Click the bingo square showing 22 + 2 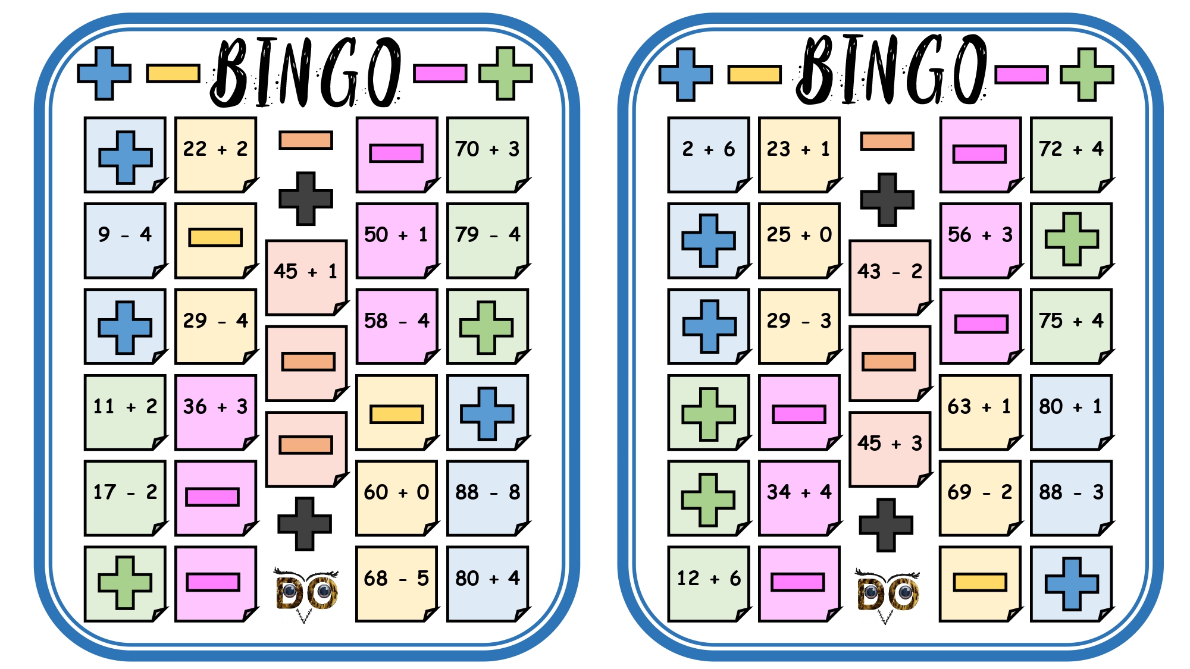click(x=215, y=155)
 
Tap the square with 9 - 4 click(x=125, y=240)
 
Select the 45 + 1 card click(x=306, y=277)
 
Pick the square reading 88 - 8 click(x=487, y=498)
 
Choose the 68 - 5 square click(x=397, y=584)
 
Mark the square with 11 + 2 click(x=125, y=412)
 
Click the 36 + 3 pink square click(x=215, y=412)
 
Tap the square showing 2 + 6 click(x=709, y=155)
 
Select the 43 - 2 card click(x=890, y=277)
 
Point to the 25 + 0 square click(x=799, y=240)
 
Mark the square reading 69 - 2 click(x=981, y=498)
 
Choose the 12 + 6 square click(x=709, y=584)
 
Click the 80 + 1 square click(x=1071, y=412)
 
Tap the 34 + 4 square click(x=799, y=498)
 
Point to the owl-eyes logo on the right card click(x=887, y=593)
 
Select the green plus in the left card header click(x=506, y=73)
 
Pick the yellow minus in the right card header click(x=754, y=74)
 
